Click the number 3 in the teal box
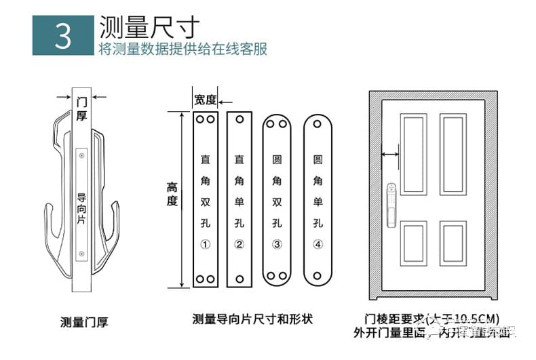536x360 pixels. tap(62, 37)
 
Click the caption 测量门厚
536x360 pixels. tap(84, 322)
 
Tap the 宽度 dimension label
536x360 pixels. tap(205, 100)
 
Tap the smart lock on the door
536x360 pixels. tap(392, 197)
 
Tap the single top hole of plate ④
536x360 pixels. tap(318, 125)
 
